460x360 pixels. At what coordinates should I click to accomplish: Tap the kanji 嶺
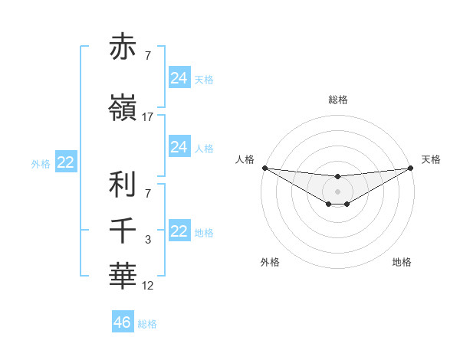tap(123, 108)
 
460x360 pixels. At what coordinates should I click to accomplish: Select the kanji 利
tap(123, 185)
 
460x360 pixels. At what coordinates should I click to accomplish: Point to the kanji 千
tap(123, 231)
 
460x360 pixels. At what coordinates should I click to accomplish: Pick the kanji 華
tap(123, 276)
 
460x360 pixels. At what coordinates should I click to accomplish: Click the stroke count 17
tap(148, 117)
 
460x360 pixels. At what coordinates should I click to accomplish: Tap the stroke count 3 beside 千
tap(148, 240)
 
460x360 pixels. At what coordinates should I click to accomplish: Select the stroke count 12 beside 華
tap(148, 285)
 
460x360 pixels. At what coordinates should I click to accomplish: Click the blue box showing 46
tap(123, 322)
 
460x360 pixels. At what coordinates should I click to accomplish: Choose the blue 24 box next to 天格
tap(179, 77)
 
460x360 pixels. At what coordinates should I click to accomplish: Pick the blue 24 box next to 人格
tap(179, 146)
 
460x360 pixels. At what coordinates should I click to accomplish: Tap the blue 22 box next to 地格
tap(179, 231)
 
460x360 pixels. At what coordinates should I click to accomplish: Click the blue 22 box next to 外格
tap(66, 162)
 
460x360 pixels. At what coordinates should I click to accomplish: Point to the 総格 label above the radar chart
tap(337, 100)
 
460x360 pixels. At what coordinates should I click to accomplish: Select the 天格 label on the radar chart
tap(432, 159)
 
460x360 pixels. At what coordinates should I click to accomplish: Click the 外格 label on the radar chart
tap(270, 262)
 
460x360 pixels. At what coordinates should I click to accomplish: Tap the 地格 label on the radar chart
tap(402, 262)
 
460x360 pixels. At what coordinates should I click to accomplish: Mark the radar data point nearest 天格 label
tap(410, 168)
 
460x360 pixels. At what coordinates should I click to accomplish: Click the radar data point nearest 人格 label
tap(264, 168)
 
